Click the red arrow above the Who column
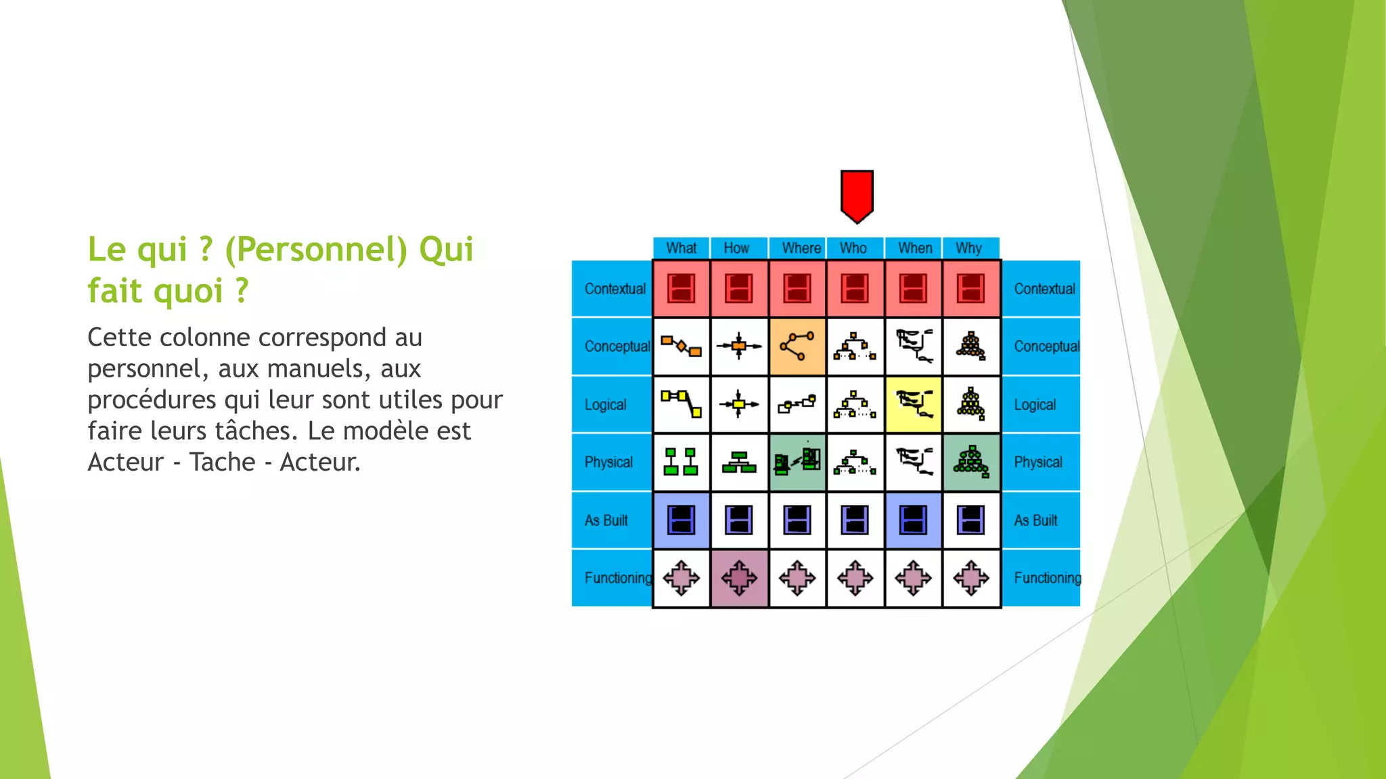pyautogui.click(x=857, y=195)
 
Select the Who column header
pyautogui.click(x=853, y=248)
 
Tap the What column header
pyautogui.click(x=681, y=248)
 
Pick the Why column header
pyautogui.click(x=968, y=248)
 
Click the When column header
pyautogui.click(x=914, y=248)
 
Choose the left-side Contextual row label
pyautogui.click(x=614, y=289)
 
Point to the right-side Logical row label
pyautogui.click(x=1035, y=404)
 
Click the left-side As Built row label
pyautogui.click(x=606, y=520)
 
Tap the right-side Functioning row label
pyautogui.click(x=1047, y=578)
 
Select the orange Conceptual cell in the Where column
pyautogui.click(x=797, y=347)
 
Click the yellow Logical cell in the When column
pyautogui.click(x=914, y=404)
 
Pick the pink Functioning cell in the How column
pyautogui.click(x=739, y=578)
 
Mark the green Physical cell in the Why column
pyautogui.click(x=971, y=463)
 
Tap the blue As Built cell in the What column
pyautogui.click(x=681, y=520)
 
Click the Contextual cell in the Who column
pyautogui.click(x=855, y=289)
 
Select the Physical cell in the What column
pyautogui.click(x=681, y=463)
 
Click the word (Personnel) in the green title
pyautogui.click(x=316, y=250)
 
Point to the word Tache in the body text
pyautogui.click(x=222, y=462)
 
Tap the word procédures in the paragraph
pyautogui.click(x=153, y=400)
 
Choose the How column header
pyautogui.click(x=736, y=248)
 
